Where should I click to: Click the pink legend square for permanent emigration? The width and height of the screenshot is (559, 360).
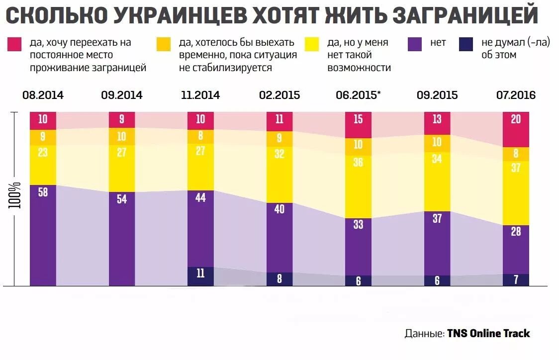(13, 44)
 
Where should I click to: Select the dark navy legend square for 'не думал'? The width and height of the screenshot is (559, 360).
(466, 44)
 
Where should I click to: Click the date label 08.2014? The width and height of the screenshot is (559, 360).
(43, 95)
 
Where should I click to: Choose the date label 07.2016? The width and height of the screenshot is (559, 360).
(516, 95)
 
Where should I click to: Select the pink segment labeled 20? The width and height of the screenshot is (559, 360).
(516, 129)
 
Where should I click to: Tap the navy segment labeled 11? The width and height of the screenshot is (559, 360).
(200, 276)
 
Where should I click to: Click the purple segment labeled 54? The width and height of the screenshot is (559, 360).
(122, 239)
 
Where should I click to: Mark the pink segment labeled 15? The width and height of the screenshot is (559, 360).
(358, 124)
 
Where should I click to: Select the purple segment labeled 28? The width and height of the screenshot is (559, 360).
(516, 249)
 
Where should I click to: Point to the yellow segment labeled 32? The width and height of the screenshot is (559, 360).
(279, 174)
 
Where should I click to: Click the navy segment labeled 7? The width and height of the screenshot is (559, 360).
(516, 280)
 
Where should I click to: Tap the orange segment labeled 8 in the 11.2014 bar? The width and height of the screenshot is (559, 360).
(200, 136)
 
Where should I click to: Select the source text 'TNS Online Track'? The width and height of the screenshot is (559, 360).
(488, 333)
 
